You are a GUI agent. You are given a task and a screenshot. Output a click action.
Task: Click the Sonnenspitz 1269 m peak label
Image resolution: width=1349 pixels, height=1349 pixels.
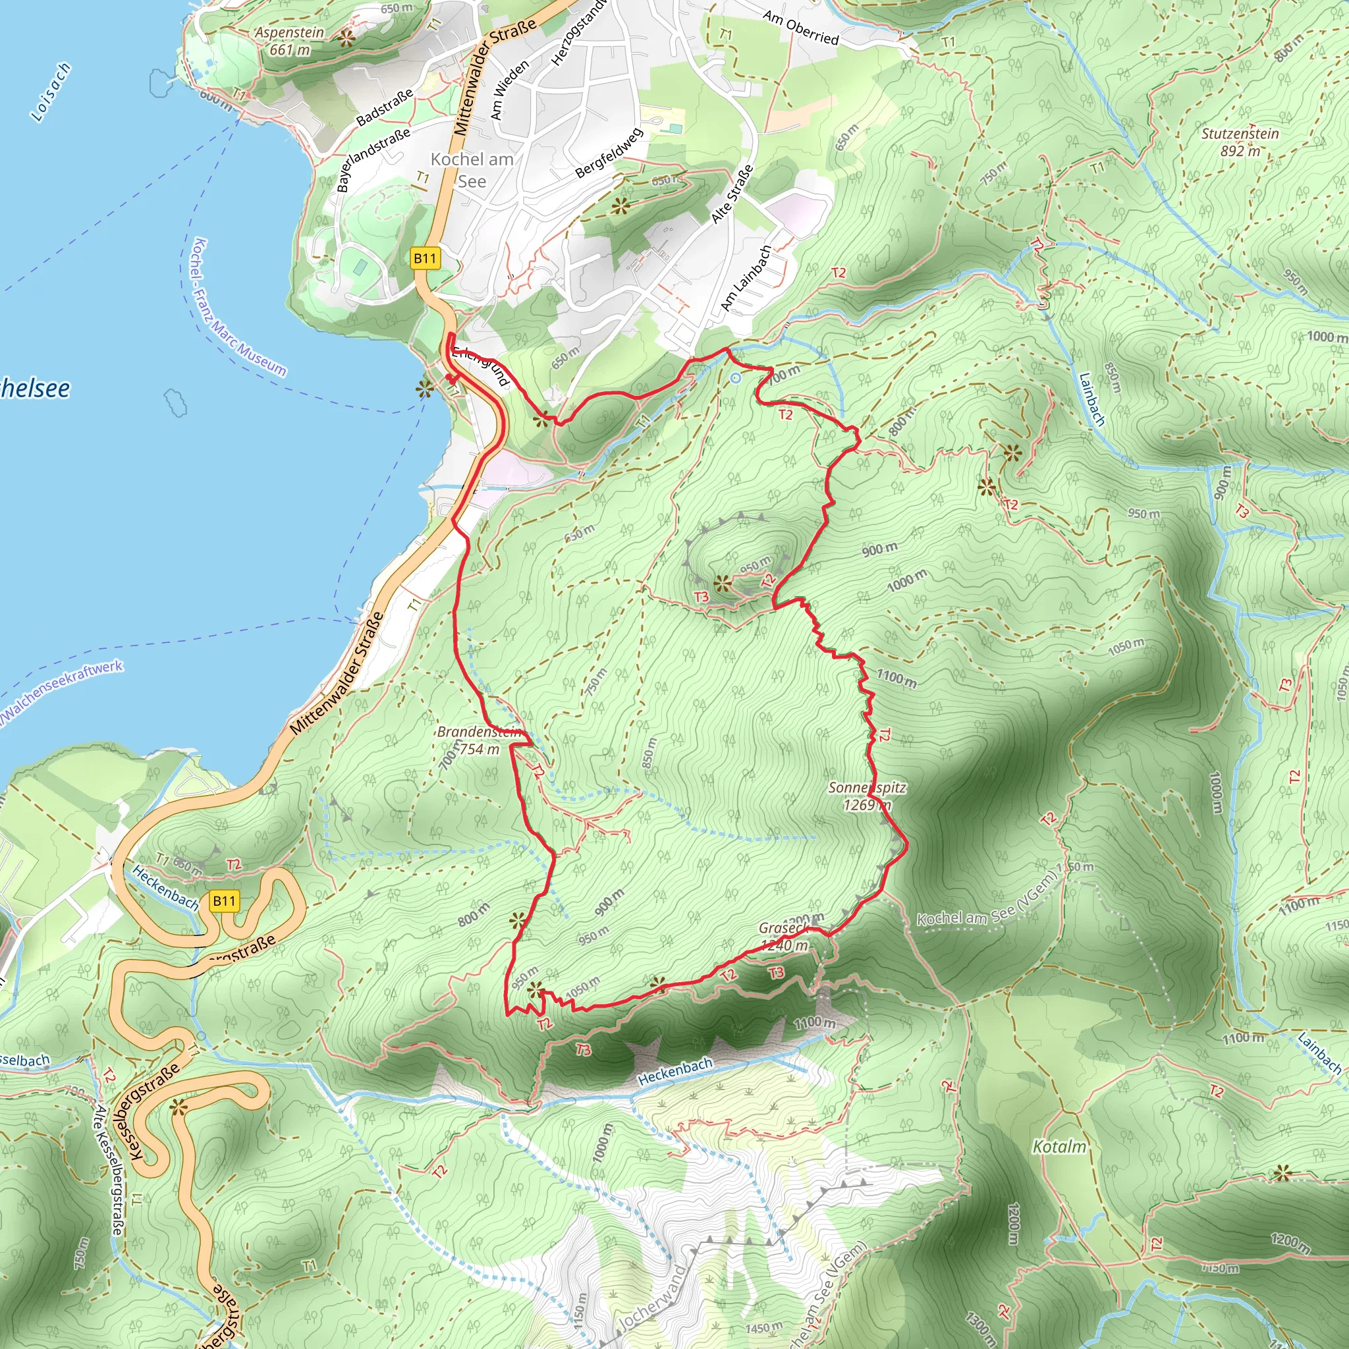coord(867,796)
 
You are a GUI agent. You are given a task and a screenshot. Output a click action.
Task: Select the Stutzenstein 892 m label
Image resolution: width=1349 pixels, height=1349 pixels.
coord(1240,142)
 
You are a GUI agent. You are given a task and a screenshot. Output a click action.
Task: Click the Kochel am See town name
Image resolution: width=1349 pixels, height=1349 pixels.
coord(472,170)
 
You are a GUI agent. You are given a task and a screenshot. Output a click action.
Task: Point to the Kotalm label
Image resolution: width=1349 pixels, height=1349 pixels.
coord(1059,1147)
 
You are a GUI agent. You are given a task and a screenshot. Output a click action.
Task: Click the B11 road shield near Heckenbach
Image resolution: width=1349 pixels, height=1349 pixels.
coord(224,900)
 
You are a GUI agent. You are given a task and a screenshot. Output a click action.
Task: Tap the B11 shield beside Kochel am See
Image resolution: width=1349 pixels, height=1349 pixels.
coord(425,259)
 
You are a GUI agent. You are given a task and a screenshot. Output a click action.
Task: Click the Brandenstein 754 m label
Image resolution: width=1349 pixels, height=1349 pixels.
coord(479,740)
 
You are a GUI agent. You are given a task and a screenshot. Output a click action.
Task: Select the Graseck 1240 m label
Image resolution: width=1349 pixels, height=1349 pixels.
coord(783,937)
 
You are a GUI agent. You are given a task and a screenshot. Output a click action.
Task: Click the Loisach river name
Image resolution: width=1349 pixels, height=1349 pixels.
coord(51,92)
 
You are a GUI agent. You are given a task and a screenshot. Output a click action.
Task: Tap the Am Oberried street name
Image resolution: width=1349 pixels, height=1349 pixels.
coord(800,27)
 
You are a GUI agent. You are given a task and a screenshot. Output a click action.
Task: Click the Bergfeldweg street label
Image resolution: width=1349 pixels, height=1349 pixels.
coord(608,153)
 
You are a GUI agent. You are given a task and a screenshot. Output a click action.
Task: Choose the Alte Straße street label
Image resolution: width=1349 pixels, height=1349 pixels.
coord(732,194)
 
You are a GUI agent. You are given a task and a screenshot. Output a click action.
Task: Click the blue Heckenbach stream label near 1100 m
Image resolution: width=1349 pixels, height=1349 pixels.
coord(675,1072)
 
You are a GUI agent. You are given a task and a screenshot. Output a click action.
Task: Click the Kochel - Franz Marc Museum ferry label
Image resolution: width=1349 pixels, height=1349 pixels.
coord(237,308)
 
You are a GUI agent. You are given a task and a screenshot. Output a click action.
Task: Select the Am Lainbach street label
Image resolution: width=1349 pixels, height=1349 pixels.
coord(746,279)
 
